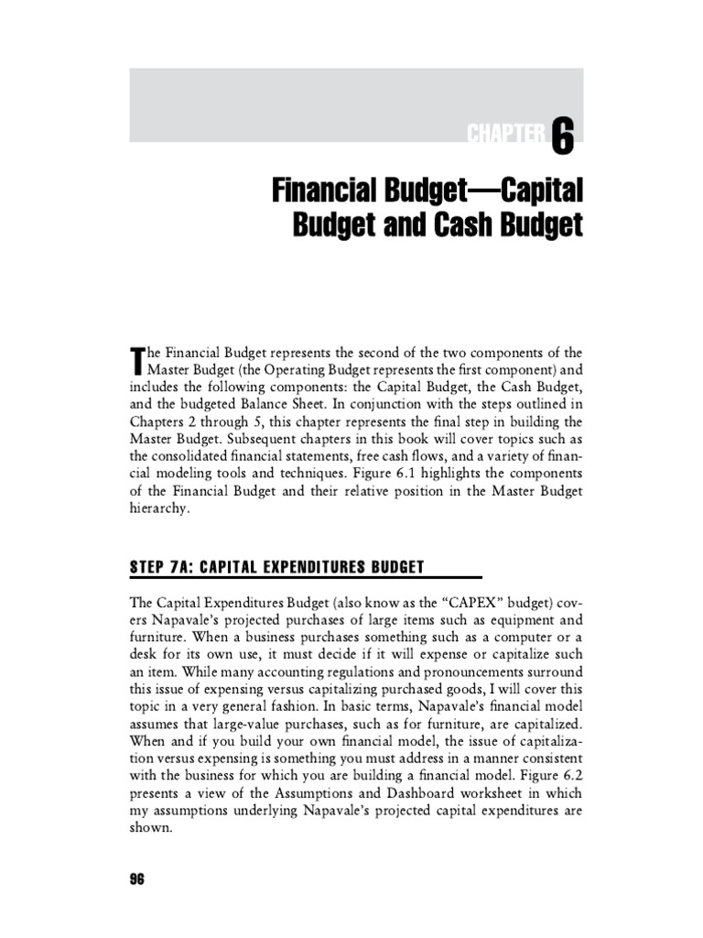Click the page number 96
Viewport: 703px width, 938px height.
coord(138,879)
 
